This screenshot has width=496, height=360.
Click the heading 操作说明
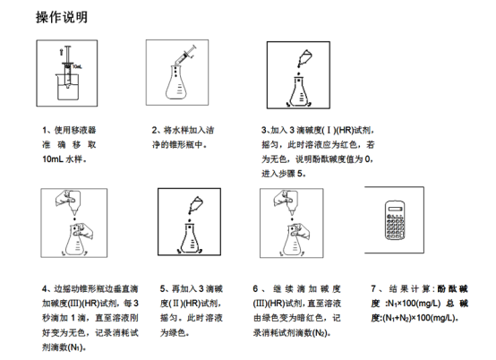pyautogui.click(x=62, y=17)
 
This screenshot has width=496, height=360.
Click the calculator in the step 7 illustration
pyautogui.click(x=395, y=220)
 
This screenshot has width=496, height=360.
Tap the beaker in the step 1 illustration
pyautogui.click(x=68, y=87)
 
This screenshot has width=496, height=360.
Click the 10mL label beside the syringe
pyautogui.click(x=77, y=67)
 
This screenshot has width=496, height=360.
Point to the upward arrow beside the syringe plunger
pyautogui.click(x=61, y=52)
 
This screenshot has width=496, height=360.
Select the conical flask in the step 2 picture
pyautogui.click(x=175, y=82)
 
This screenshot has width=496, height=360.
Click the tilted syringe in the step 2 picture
pyautogui.click(x=185, y=56)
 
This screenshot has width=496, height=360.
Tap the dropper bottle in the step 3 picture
pyautogui.click(x=305, y=58)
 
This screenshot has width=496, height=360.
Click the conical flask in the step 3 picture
pyautogui.click(x=299, y=90)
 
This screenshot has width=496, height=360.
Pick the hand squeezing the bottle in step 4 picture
pyautogui.click(x=66, y=198)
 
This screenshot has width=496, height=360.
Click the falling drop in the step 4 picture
pyautogui.click(x=74, y=219)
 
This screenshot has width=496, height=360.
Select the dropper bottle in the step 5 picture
pyautogui.click(x=196, y=205)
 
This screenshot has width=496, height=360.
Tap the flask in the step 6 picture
pyautogui.click(x=294, y=240)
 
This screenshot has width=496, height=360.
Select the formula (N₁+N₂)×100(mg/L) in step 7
pyautogui.click(x=419, y=318)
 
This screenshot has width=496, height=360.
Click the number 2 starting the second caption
pyautogui.click(x=154, y=130)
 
